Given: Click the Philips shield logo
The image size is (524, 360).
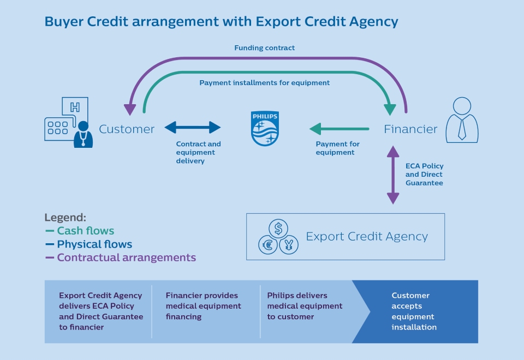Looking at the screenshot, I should click(265, 129).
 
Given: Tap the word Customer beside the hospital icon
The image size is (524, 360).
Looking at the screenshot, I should click(127, 129).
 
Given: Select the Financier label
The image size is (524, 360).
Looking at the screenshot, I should click(410, 129).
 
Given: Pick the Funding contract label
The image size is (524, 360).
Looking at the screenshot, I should click(264, 48).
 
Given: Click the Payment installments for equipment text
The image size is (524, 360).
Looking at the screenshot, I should click(264, 83).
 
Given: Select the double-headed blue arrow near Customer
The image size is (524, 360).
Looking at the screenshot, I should click(192, 128).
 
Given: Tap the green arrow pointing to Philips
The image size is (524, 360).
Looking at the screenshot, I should click(339, 129).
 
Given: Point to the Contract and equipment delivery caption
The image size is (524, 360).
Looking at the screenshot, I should click(198, 153).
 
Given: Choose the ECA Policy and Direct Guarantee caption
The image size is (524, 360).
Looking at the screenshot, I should click(424, 175).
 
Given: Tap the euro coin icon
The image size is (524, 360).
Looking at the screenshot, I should click(268, 245).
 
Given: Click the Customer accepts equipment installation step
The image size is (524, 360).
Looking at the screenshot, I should click(414, 311).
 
